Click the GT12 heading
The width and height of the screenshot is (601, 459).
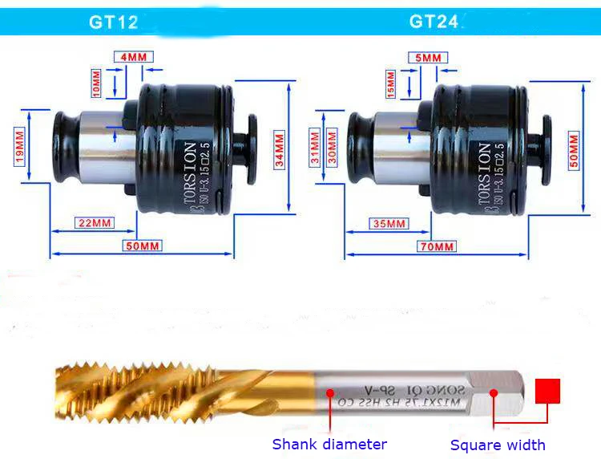pyautogui.click(x=113, y=22)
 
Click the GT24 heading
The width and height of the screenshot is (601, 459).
pyautogui.click(x=434, y=22)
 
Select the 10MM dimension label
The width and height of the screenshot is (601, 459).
pyautogui.click(x=98, y=82)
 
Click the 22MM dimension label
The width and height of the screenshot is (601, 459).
pyautogui.click(x=95, y=222)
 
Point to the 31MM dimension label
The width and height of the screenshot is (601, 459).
pyautogui.click(x=315, y=147)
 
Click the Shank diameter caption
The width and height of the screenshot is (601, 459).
pyautogui.click(x=329, y=444)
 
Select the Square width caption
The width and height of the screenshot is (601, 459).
pyautogui.click(x=498, y=445)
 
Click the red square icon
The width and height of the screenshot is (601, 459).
pyautogui.click(x=547, y=392)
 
